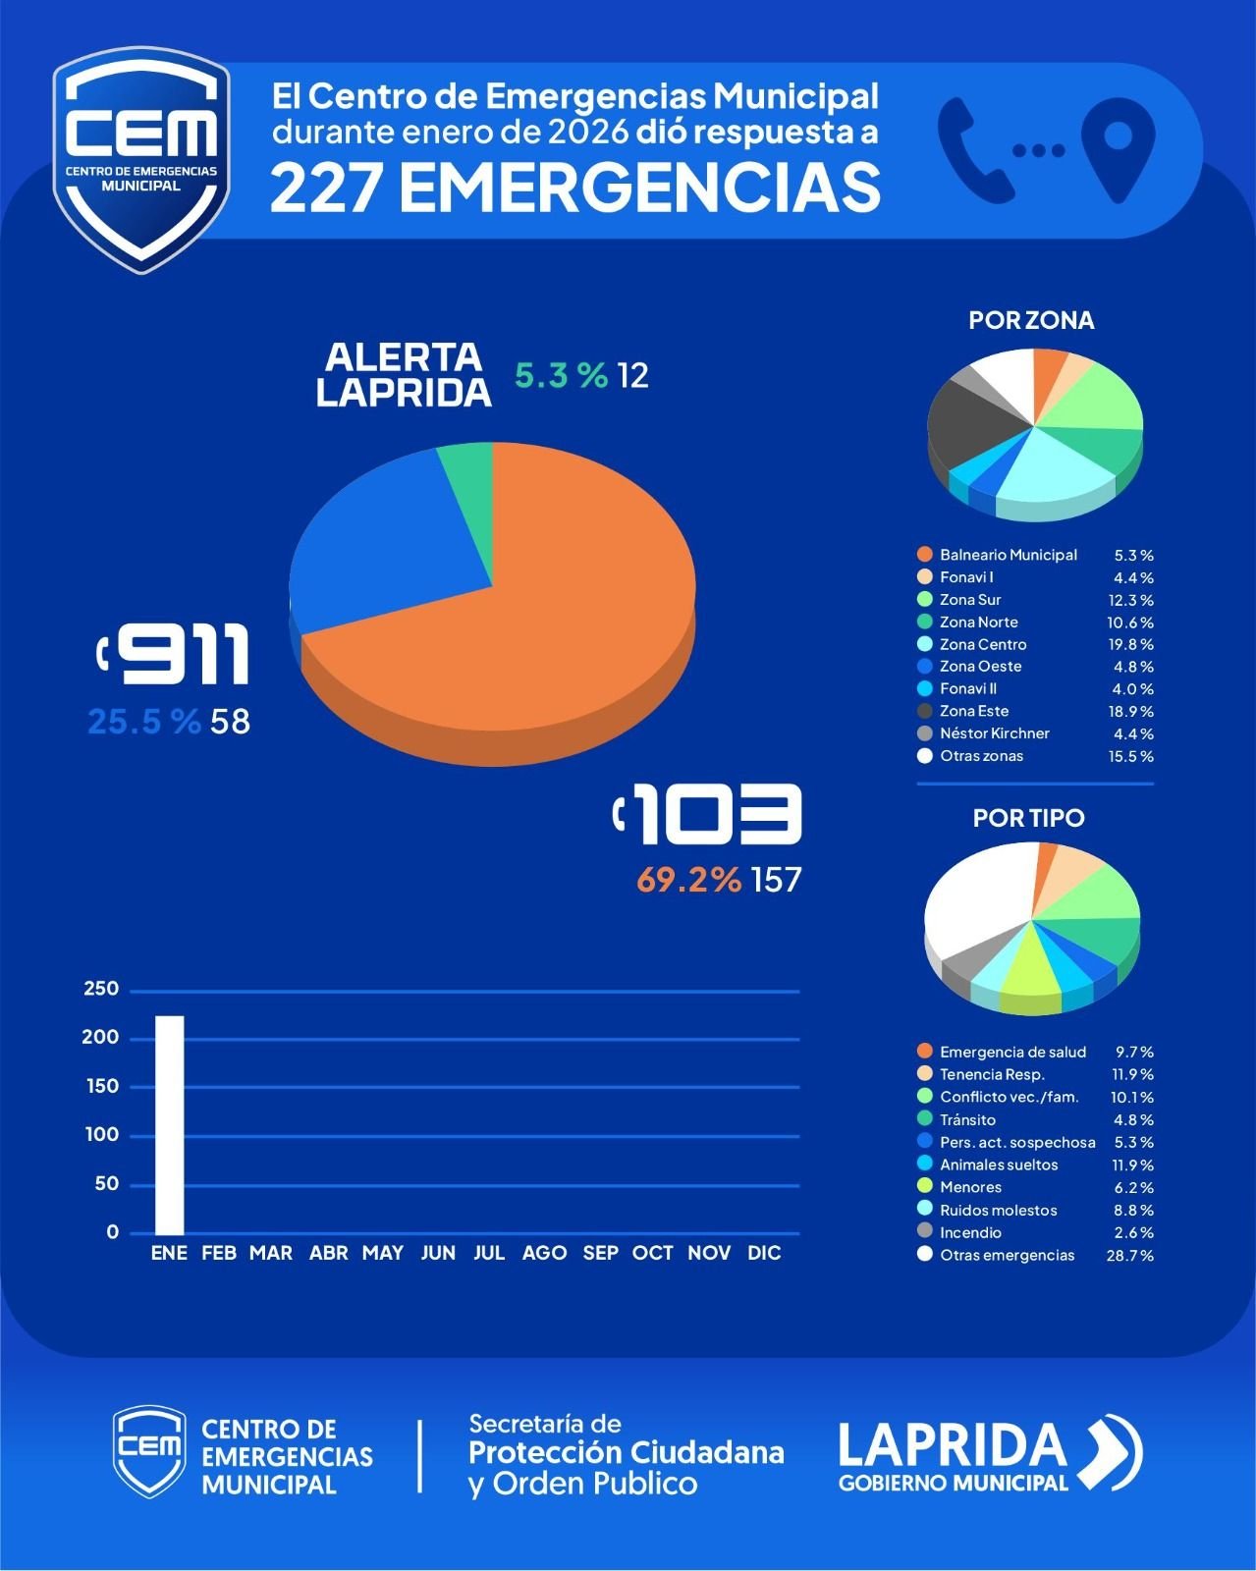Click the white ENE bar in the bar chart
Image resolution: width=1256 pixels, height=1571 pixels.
169,1124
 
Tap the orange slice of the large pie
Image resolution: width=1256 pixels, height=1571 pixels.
550,628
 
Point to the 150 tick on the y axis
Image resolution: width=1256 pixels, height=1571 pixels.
101,1086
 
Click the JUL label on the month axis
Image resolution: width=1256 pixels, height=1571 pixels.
489,1253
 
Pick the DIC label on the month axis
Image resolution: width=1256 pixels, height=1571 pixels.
764,1253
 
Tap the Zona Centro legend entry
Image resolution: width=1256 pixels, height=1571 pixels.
983,644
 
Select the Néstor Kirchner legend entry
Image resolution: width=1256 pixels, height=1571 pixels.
994,733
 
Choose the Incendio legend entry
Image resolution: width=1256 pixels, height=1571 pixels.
970,1232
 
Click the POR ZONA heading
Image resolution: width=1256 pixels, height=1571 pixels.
1031,320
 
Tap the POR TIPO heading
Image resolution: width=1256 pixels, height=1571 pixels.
1028,818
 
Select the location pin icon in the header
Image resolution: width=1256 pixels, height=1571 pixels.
1118,147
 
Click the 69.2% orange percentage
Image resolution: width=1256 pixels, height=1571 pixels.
688,880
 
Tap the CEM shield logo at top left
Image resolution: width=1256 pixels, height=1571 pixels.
141,157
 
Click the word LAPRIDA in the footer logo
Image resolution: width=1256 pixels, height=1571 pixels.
952,1444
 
